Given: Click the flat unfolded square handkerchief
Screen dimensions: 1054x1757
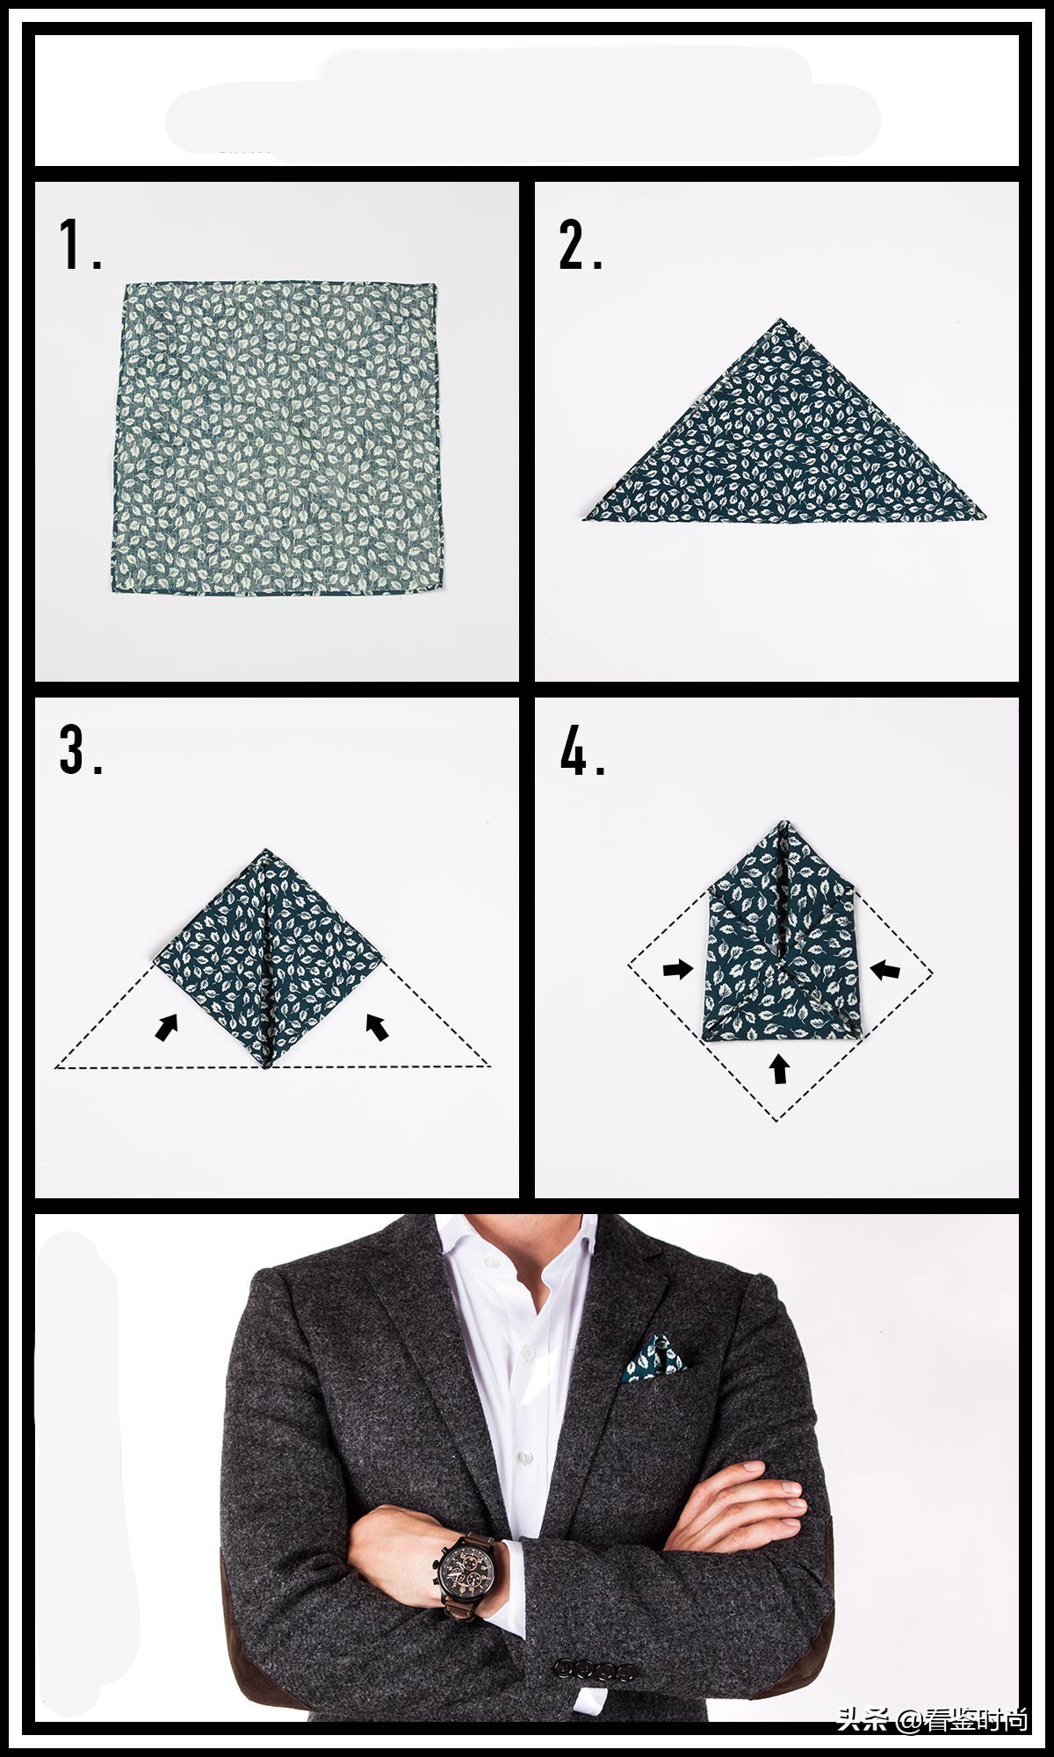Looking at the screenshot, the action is (275, 438).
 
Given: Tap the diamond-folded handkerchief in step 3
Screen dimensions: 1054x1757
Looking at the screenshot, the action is (267, 958).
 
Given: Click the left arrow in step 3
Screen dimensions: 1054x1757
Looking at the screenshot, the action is (167, 1027).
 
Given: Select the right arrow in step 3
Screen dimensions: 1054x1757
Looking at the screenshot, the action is (377, 1027).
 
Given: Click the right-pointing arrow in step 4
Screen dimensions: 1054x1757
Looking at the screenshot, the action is (678, 969).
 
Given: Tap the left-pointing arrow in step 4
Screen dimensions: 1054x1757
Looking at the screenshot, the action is (885, 970).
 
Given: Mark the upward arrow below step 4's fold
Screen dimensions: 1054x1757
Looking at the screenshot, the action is (779, 1068).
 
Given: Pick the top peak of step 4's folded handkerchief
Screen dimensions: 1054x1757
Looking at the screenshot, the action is (783, 821).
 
